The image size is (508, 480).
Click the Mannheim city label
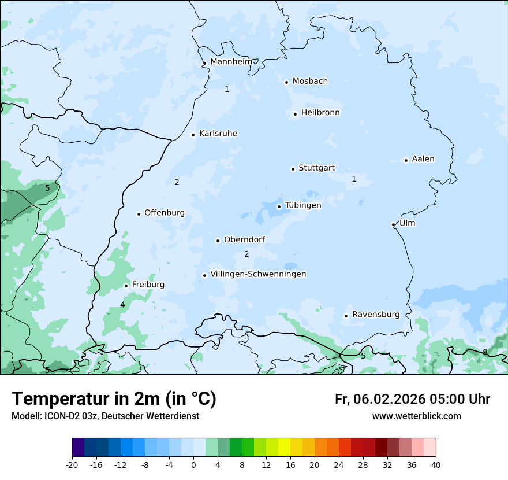[231, 61]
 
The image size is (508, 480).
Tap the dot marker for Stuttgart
[293, 169]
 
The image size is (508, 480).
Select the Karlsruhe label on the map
[218, 134]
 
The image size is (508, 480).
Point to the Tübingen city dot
[279, 206]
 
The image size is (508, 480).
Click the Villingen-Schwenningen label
[258, 274]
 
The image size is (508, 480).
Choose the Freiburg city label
[148, 285]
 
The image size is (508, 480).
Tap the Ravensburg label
[375, 315]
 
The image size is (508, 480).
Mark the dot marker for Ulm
[393, 224]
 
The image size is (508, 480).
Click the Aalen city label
[423, 159]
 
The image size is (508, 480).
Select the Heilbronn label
[320, 113]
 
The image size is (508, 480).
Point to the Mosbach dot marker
[286, 82]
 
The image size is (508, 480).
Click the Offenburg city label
[165, 213]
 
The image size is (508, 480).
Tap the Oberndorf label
[244, 239]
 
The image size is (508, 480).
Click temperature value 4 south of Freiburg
[122, 305]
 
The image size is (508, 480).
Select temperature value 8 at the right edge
[485, 352]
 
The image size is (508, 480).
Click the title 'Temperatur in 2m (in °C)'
[114, 399]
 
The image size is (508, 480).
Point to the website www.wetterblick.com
[416, 416]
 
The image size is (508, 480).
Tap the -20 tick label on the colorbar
[72, 464]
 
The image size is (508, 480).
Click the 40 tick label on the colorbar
[436, 464]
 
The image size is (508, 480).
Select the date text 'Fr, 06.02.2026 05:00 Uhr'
[412, 399]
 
